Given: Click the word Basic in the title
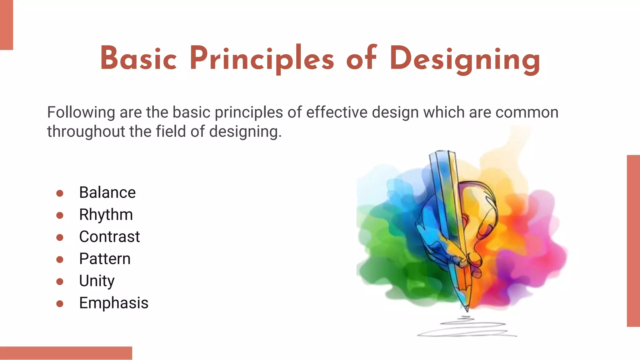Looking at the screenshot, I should click(138, 59).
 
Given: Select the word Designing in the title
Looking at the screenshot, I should click(465, 59).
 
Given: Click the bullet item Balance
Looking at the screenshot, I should click(107, 192).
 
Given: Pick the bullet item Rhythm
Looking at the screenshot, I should click(106, 215).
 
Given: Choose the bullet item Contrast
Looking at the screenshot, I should click(109, 237).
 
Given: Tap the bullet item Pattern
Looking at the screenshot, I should click(105, 259).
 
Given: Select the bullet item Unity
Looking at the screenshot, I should click(97, 281).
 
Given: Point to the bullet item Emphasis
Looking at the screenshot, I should click(113, 303).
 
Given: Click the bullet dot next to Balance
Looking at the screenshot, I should click(60, 193).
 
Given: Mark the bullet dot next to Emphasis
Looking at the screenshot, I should click(60, 303).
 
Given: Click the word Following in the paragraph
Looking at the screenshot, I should click(81, 112).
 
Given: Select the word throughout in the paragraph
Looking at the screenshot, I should click(86, 132).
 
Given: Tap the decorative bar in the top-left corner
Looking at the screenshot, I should click(6, 25).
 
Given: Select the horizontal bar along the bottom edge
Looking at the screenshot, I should click(66, 353).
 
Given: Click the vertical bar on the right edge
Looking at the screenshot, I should click(633, 241).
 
